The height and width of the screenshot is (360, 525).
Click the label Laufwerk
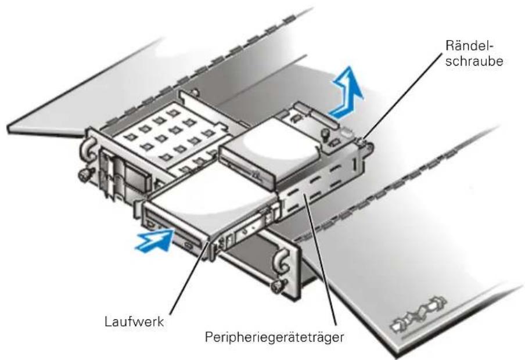coord(134,322)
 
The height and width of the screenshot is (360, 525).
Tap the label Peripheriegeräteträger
coord(274,337)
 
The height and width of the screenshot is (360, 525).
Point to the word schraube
coord(474,62)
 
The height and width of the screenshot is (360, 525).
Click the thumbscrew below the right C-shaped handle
coord(278,286)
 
